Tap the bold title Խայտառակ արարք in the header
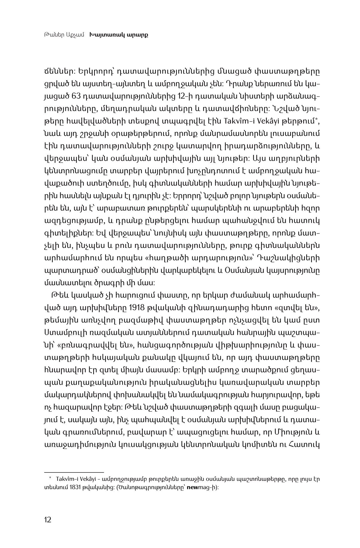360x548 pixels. click(119, 35)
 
